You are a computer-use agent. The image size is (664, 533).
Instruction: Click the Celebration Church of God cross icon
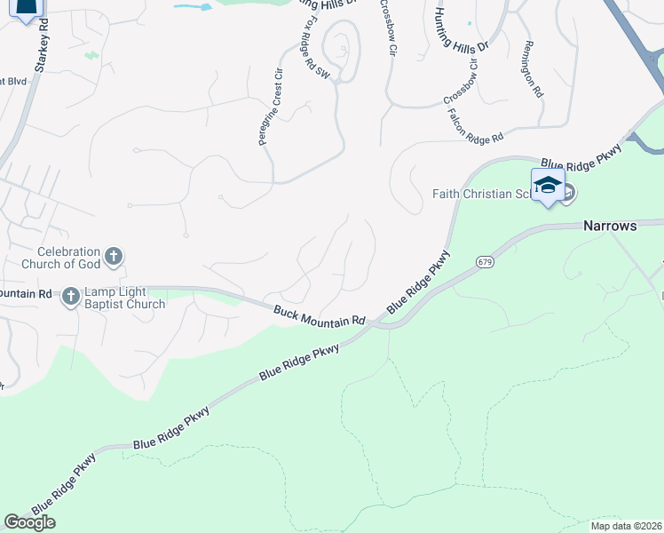pyautogui.click(x=114, y=258)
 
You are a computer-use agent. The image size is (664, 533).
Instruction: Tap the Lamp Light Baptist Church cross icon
pyautogui.click(x=71, y=298)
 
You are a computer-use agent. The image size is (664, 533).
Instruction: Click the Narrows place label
pyautogui.click(x=610, y=226)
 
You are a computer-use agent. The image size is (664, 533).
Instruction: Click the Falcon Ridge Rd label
pyautogui.click(x=476, y=125)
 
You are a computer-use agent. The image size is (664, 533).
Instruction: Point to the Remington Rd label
pyautogui.click(x=533, y=68)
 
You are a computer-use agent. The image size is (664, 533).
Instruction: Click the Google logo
pyautogui.click(x=29, y=522)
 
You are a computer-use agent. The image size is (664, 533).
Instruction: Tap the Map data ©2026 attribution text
pyautogui.click(x=627, y=526)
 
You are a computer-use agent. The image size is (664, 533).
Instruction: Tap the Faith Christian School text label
pyautogui.click(x=481, y=194)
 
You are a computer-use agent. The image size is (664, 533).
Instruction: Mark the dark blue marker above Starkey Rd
pyautogui.click(x=28, y=9)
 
